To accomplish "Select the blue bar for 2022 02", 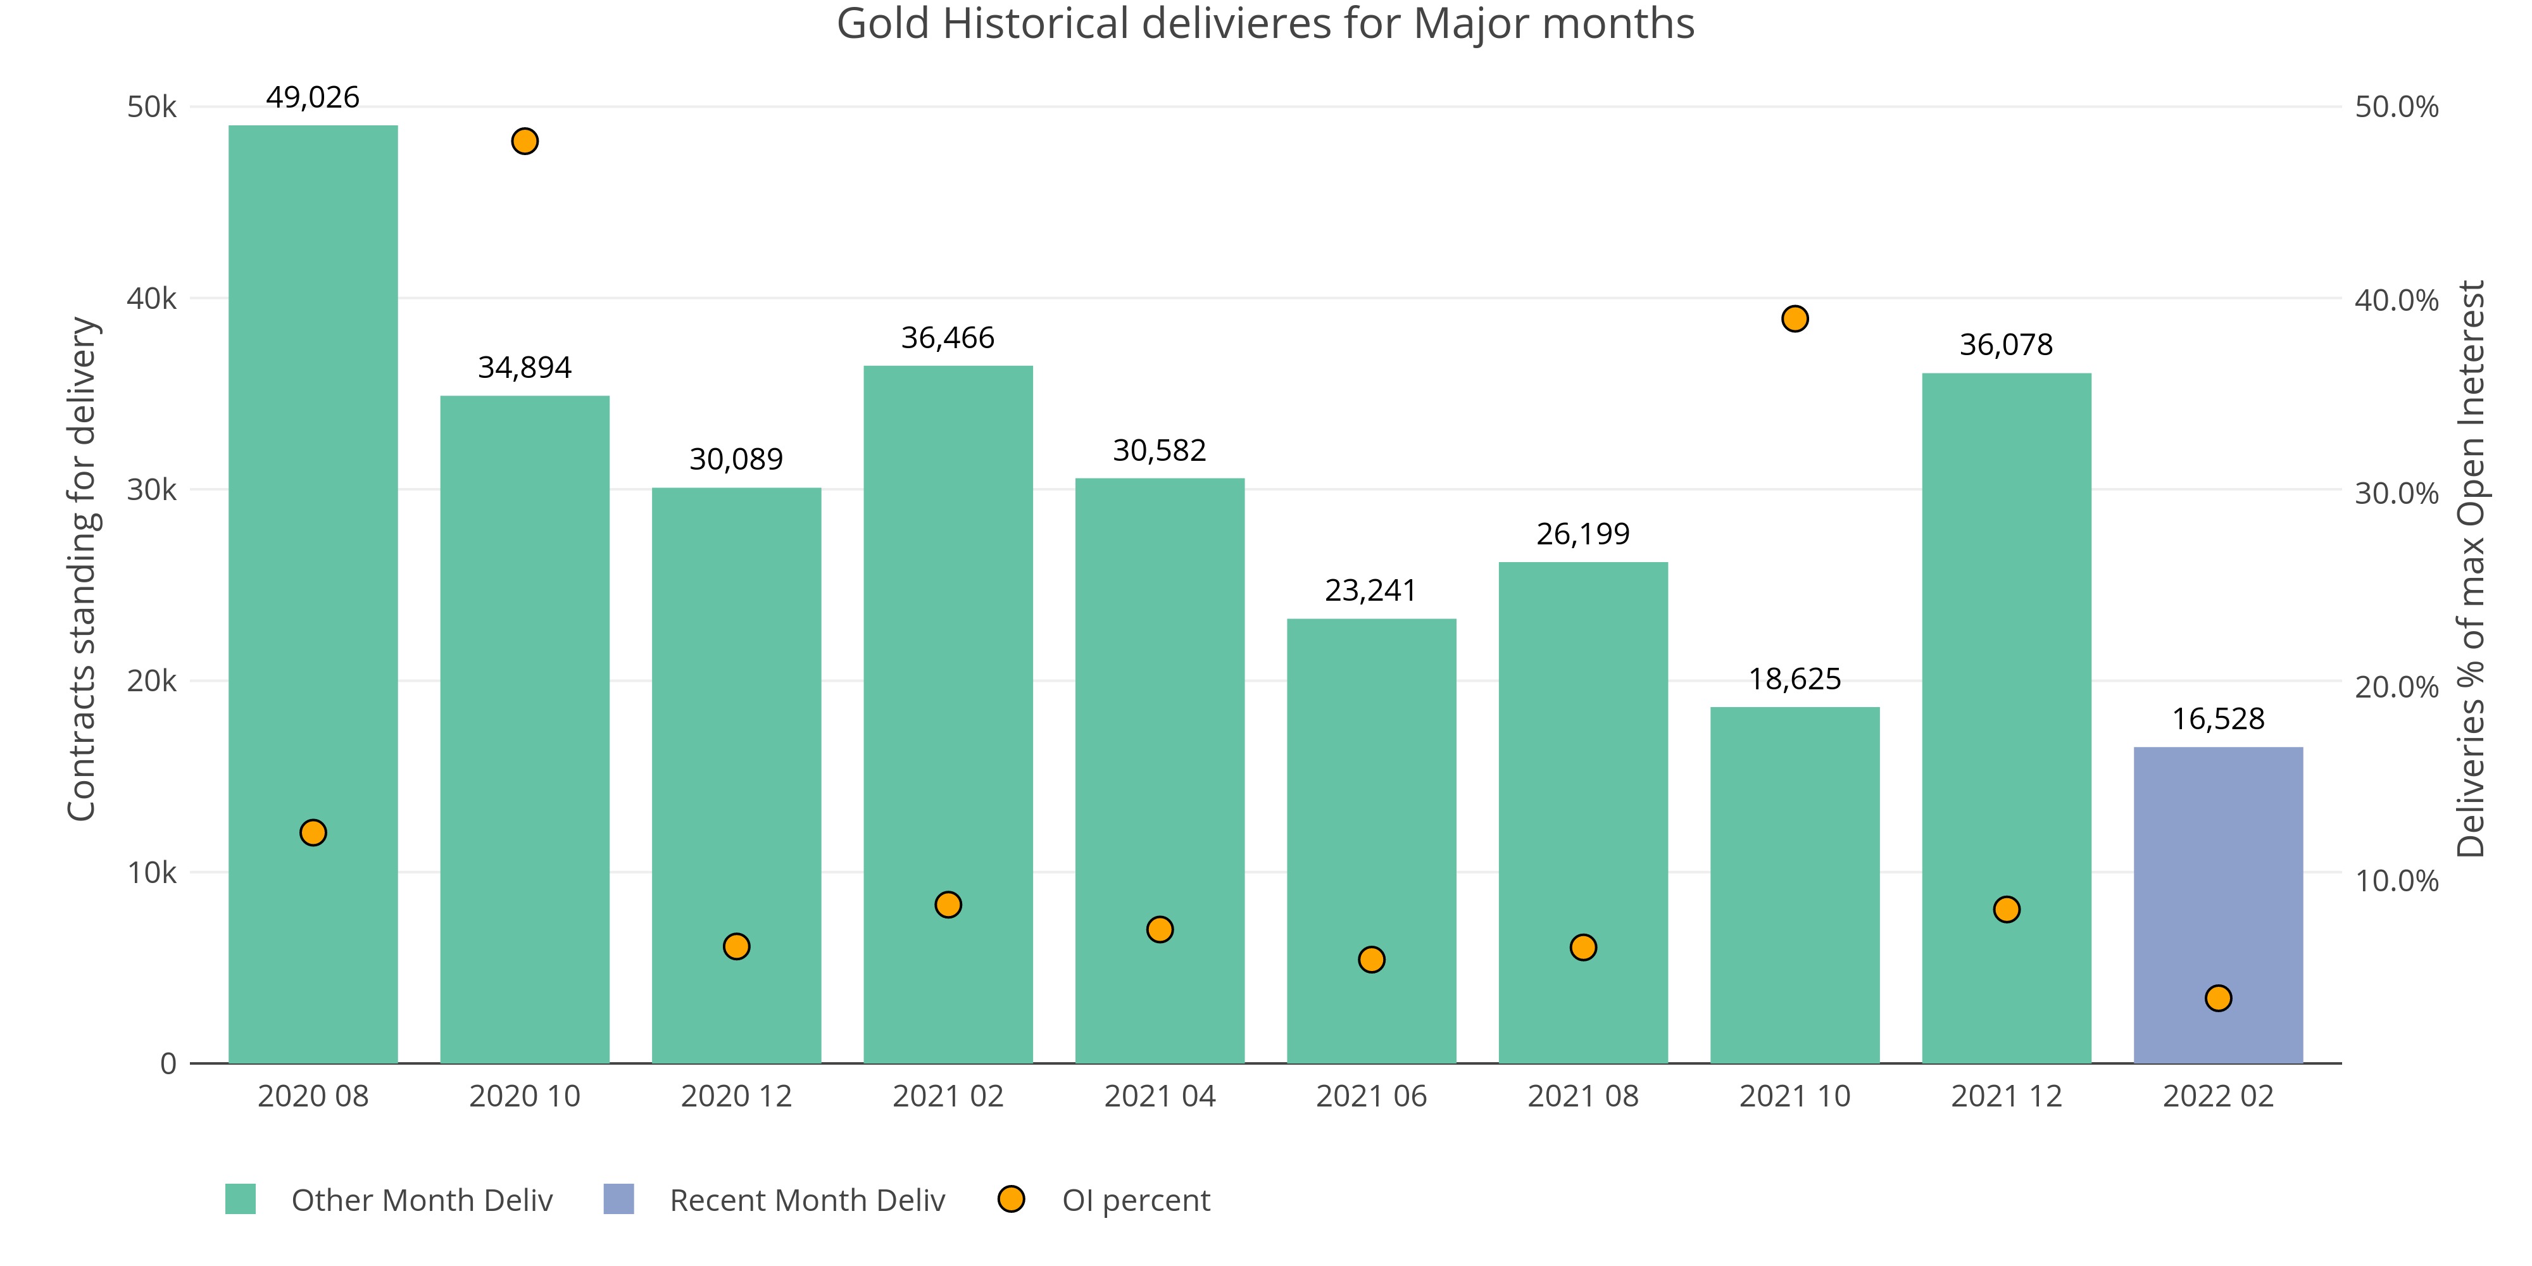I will pyautogui.click(x=2217, y=905).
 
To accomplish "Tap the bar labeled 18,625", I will pyautogui.click(x=1794, y=885).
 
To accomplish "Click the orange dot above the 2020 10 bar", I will pyautogui.click(x=525, y=142).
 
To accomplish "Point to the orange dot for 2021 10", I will pyautogui.click(x=1795, y=318).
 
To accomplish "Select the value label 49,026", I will pyautogui.click(x=313, y=97).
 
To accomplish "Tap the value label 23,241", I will pyautogui.click(x=1370, y=591).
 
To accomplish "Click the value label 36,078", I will pyautogui.click(x=2006, y=345).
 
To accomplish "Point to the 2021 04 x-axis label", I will pyautogui.click(x=1160, y=1096).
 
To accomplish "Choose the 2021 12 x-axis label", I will pyautogui.click(x=2006, y=1096).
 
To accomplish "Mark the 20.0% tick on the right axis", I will pyautogui.click(x=2397, y=687).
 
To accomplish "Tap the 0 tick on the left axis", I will pyautogui.click(x=168, y=1063).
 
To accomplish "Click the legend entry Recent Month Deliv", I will pyautogui.click(x=806, y=1200).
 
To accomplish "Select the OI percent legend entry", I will pyautogui.click(x=1135, y=1200).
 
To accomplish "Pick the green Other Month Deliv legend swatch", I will pyautogui.click(x=241, y=1199).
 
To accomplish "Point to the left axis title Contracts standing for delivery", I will pyautogui.click(x=82, y=568).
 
